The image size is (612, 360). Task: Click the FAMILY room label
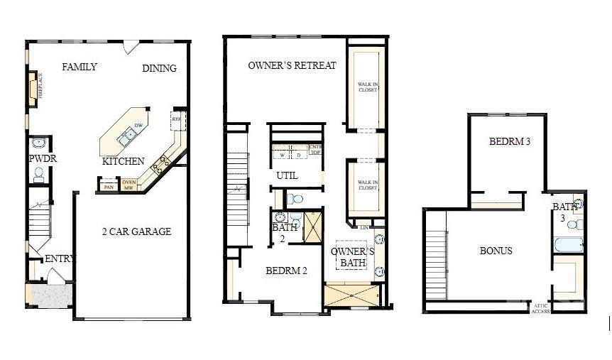coord(80,67)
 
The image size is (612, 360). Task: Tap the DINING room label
coord(159,68)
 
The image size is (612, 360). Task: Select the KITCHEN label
coord(124,161)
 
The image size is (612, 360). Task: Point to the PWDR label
coord(43,159)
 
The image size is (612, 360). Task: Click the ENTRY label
coord(60,258)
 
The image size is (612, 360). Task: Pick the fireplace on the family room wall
coord(33,90)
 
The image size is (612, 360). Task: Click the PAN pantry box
coord(109,187)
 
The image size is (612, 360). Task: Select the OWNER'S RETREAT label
coord(292,65)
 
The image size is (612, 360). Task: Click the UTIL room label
coord(287,175)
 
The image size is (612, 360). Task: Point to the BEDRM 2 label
coord(286,270)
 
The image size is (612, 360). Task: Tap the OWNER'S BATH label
coord(352,258)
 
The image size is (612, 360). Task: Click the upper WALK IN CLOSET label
coord(367,88)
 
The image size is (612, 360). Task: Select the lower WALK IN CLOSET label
coord(367,185)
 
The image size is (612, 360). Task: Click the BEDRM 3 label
coord(510,141)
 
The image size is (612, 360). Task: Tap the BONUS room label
coord(496,251)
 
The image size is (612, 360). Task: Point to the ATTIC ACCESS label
coord(540,307)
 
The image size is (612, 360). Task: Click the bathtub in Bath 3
coord(569,246)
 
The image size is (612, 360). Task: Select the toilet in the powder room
coord(39,174)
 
